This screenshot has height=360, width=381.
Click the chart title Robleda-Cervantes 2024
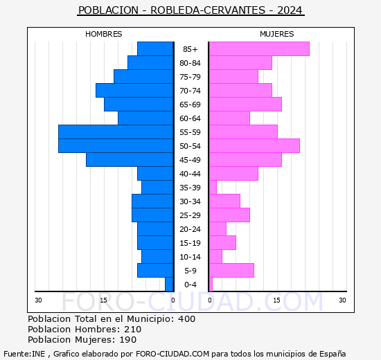190,10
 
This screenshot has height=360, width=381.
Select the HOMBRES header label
104,34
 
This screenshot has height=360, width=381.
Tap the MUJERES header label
276,34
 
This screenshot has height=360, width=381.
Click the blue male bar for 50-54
116,145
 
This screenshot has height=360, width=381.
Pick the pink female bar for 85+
259,48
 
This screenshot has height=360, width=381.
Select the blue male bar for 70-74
134,90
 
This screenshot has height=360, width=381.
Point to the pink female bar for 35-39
213,187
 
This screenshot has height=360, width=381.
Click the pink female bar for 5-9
231,270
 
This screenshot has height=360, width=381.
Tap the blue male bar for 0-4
169,284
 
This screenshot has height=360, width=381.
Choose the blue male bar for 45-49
130,159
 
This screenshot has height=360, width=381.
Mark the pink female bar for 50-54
254,145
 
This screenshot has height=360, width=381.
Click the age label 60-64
190,118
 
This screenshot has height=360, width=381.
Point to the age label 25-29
190,215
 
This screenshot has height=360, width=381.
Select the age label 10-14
190,257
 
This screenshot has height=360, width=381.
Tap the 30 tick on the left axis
39,300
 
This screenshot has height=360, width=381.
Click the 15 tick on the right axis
276,300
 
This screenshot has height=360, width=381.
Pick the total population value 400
186,319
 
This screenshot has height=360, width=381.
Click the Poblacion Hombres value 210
132,330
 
